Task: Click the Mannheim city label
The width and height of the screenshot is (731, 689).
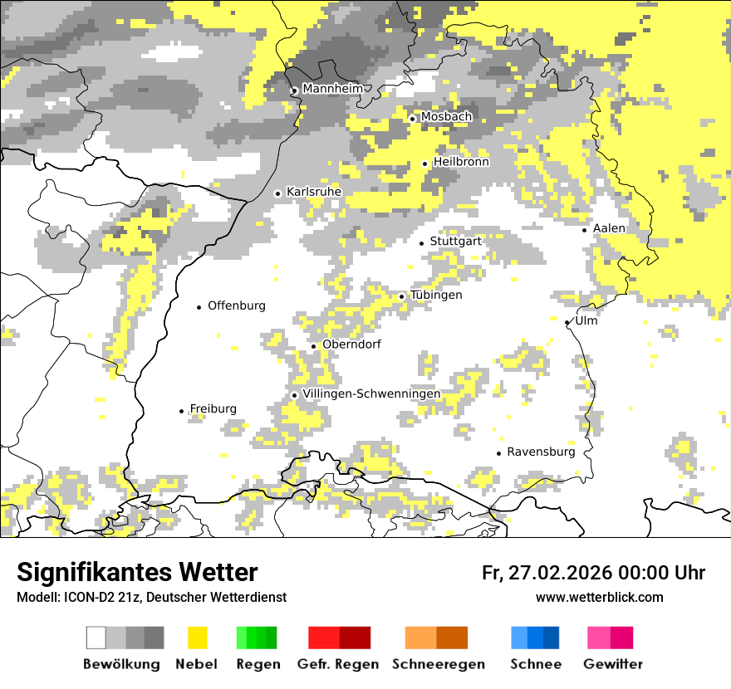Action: click(x=332, y=89)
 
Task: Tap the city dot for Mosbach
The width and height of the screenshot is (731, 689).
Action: click(x=412, y=119)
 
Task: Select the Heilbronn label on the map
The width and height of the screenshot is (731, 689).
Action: click(x=461, y=162)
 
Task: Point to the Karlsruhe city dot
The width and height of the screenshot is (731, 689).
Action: click(x=278, y=193)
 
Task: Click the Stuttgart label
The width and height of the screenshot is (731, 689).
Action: click(x=456, y=241)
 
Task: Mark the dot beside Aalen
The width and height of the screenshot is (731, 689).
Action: click(x=585, y=230)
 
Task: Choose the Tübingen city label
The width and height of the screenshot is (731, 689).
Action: click(x=436, y=295)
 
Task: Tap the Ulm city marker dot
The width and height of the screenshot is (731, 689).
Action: click(x=567, y=322)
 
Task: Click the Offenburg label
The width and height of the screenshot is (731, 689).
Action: click(x=237, y=305)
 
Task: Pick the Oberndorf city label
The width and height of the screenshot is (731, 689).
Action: click(x=351, y=344)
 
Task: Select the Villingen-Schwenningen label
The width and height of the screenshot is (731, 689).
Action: click(x=371, y=393)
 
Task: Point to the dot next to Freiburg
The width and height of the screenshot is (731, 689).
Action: click(x=181, y=411)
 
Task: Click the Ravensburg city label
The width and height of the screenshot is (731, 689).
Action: click(x=541, y=452)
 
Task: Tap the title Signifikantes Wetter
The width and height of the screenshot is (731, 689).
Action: click(x=137, y=572)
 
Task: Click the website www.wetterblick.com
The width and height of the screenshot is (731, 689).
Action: click(x=599, y=597)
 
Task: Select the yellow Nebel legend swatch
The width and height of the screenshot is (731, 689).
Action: click(x=197, y=638)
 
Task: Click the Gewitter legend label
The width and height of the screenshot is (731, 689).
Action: click(x=612, y=664)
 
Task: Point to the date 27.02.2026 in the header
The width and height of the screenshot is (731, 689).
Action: click(x=560, y=573)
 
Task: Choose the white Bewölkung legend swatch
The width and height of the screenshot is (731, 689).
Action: click(x=96, y=638)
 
